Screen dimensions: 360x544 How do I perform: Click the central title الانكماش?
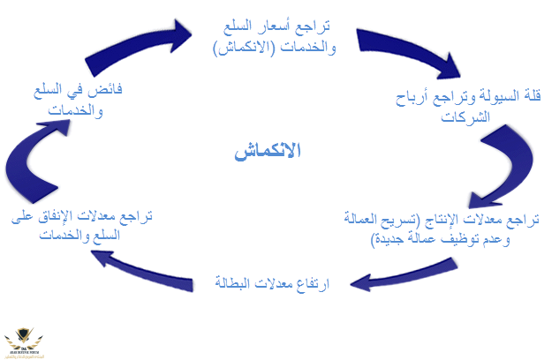point(268,150)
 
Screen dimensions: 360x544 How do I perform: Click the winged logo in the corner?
point(27,340)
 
